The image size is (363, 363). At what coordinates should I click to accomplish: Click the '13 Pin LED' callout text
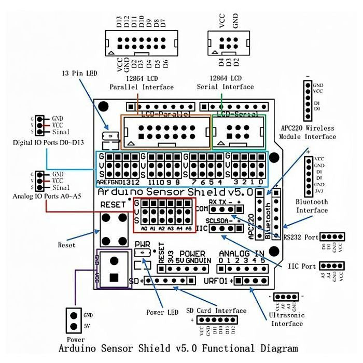[79, 74]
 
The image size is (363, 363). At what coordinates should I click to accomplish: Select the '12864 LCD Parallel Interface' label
[141, 82]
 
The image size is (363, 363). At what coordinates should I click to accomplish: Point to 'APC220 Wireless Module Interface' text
[308, 132]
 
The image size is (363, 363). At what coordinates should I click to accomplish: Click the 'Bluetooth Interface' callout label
[312, 206]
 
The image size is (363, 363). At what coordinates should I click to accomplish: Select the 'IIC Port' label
[303, 267]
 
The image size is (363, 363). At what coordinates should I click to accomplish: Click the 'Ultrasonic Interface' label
[287, 319]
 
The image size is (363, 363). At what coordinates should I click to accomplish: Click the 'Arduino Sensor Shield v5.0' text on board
[182, 192]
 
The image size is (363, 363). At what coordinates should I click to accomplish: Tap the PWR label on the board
[142, 243]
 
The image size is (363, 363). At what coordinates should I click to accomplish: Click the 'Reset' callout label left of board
[66, 245]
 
